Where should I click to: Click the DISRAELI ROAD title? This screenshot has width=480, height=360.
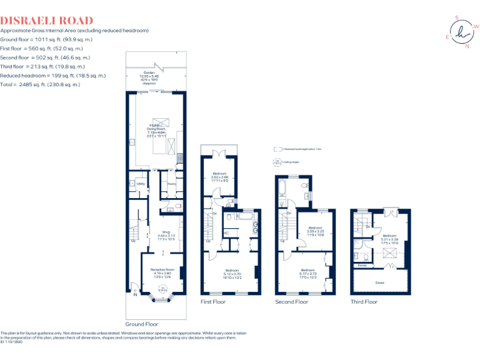pos(47,21)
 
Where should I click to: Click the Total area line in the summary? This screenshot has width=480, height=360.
pos(40,84)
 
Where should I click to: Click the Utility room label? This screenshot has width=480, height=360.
pos(141,184)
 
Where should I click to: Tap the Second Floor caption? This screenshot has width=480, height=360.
pos(292,302)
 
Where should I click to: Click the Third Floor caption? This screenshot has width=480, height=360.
pos(364,302)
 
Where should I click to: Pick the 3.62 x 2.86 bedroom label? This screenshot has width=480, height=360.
pos(219,176)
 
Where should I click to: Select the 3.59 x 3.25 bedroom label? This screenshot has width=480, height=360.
pos(314,231)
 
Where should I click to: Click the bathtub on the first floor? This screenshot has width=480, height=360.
pos(240,216)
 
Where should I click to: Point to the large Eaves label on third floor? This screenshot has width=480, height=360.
pos(380,282)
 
